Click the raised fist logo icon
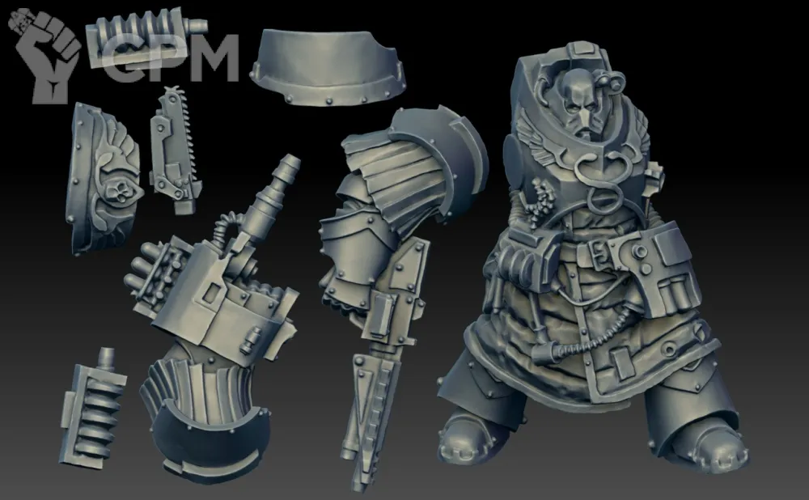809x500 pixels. (46, 54)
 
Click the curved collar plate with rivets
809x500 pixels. (328, 67)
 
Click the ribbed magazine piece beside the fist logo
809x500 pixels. (146, 36)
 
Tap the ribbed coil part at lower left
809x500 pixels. (93, 408)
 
